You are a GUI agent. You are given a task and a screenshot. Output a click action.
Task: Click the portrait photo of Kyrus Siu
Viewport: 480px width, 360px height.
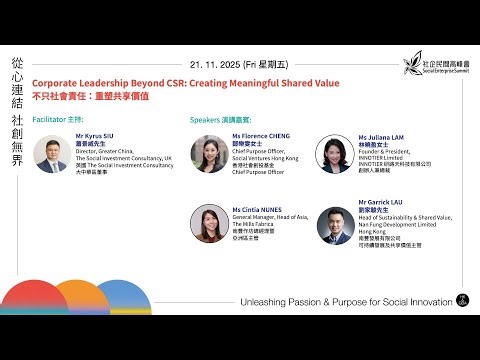[x=51, y=153]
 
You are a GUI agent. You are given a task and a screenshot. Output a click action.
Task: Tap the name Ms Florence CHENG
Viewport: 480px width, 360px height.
[x=262, y=134]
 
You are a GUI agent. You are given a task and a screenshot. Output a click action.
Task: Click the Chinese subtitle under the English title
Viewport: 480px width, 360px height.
[x=97, y=97]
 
